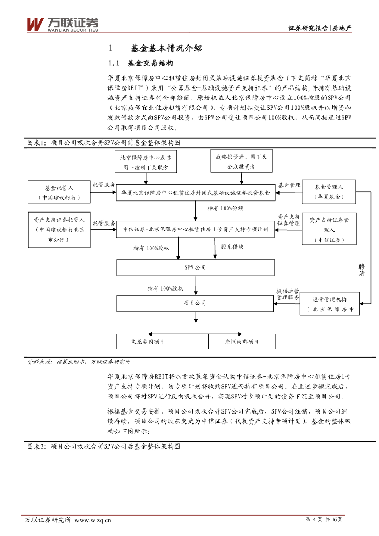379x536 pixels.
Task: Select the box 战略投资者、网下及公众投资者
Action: click(241, 161)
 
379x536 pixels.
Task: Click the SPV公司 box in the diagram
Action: click(195, 267)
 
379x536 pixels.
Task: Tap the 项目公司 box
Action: click(195, 303)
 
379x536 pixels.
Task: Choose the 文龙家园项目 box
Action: click(148, 341)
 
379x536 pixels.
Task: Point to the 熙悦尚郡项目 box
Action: click(241, 341)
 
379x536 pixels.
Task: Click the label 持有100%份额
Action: click(225, 208)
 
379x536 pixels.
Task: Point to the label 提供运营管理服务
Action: click(287, 294)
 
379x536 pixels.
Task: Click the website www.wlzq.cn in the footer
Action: click(93, 520)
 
